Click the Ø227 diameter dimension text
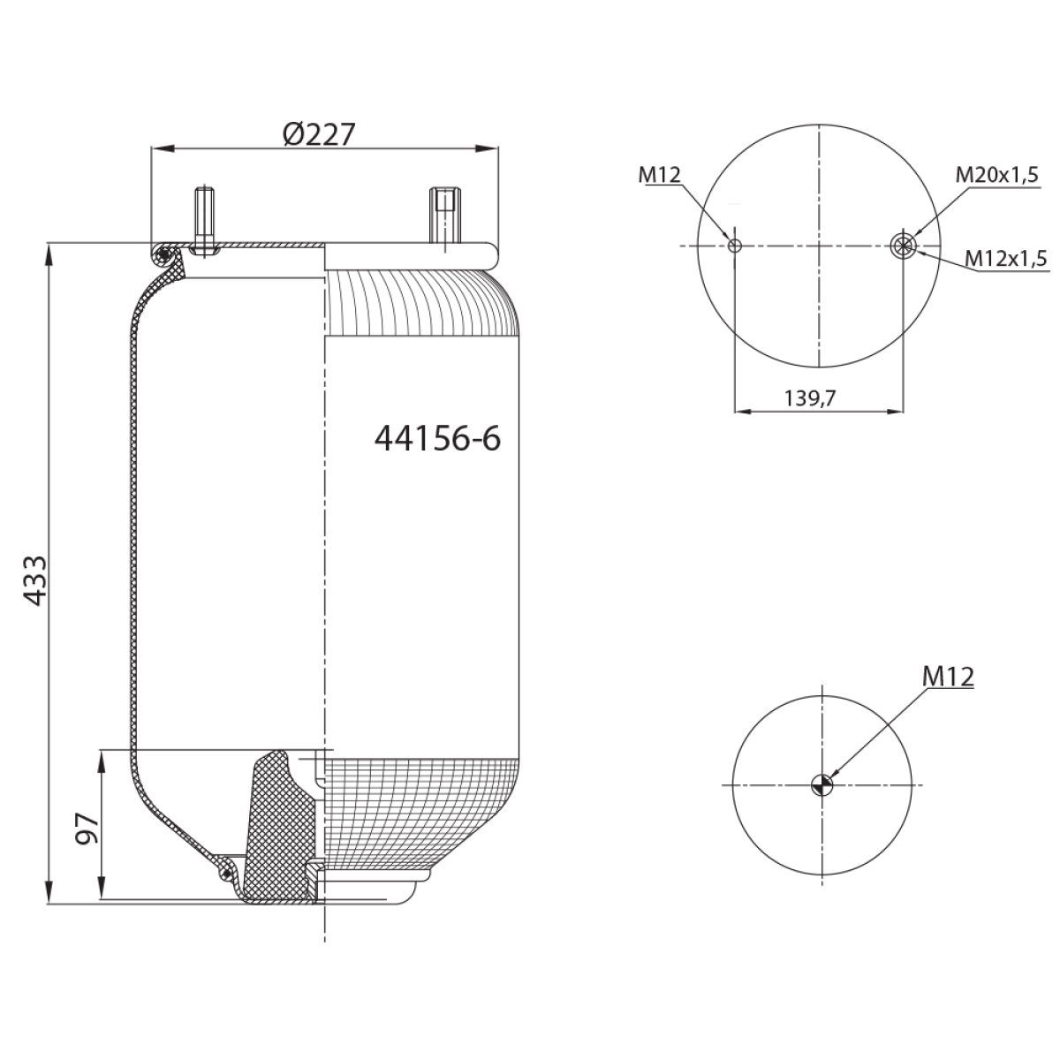[x=319, y=134]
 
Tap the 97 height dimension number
[x=87, y=828]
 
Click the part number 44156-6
[x=438, y=439]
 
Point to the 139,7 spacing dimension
[x=810, y=397]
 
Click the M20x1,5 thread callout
[x=996, y=175]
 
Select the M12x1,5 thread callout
[x=1006, y=258]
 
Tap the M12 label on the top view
[x=660, y=175]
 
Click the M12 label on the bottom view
[x=949, y=677]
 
